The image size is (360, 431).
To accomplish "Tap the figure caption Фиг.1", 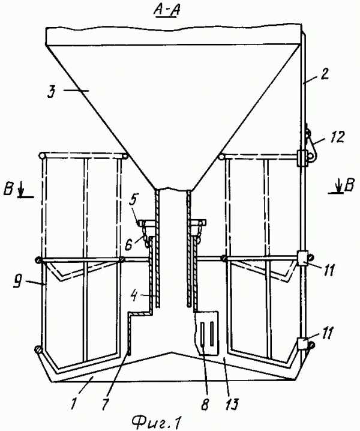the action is click(157, 421).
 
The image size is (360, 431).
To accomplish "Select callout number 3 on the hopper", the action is click(52, 91).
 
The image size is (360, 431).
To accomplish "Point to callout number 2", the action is click(325, 74).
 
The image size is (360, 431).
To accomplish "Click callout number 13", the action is click(231, 404).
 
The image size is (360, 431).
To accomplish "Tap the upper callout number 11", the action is click(328, 270).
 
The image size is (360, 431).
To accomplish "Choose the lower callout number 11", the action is click(326, 333).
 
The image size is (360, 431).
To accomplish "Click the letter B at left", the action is click(8, 190).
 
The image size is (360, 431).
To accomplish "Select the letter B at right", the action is click(349, 185).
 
